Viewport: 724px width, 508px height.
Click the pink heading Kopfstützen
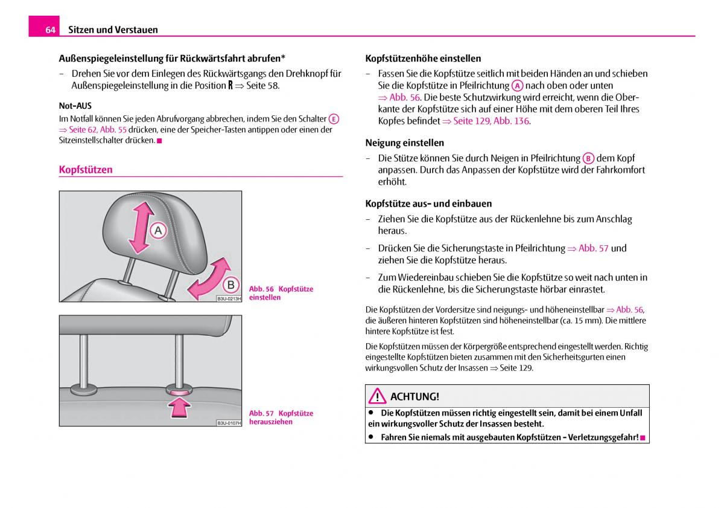click(86, 170)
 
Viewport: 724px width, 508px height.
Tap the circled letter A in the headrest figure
click(158, 230)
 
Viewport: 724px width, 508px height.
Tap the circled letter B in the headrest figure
click(230, 285)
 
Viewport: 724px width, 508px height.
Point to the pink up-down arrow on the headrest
click(139, 227)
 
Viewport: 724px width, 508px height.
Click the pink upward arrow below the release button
click(179, 410)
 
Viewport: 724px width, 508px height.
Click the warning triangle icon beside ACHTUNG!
click(378, 396)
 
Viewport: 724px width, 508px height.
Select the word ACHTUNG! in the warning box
click(414, 396)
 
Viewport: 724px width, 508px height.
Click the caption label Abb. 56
click(261, 289)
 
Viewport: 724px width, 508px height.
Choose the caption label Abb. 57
click(261, 413)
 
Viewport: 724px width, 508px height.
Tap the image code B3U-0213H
click(229, 298)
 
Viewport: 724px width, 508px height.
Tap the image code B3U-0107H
click(229, 423)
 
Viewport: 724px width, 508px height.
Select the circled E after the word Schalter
click(334, 119)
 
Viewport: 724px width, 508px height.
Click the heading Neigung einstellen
click(404, 143)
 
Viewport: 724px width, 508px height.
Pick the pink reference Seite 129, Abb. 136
click(491, 121)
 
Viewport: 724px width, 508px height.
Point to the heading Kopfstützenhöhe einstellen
click(423, 59)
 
